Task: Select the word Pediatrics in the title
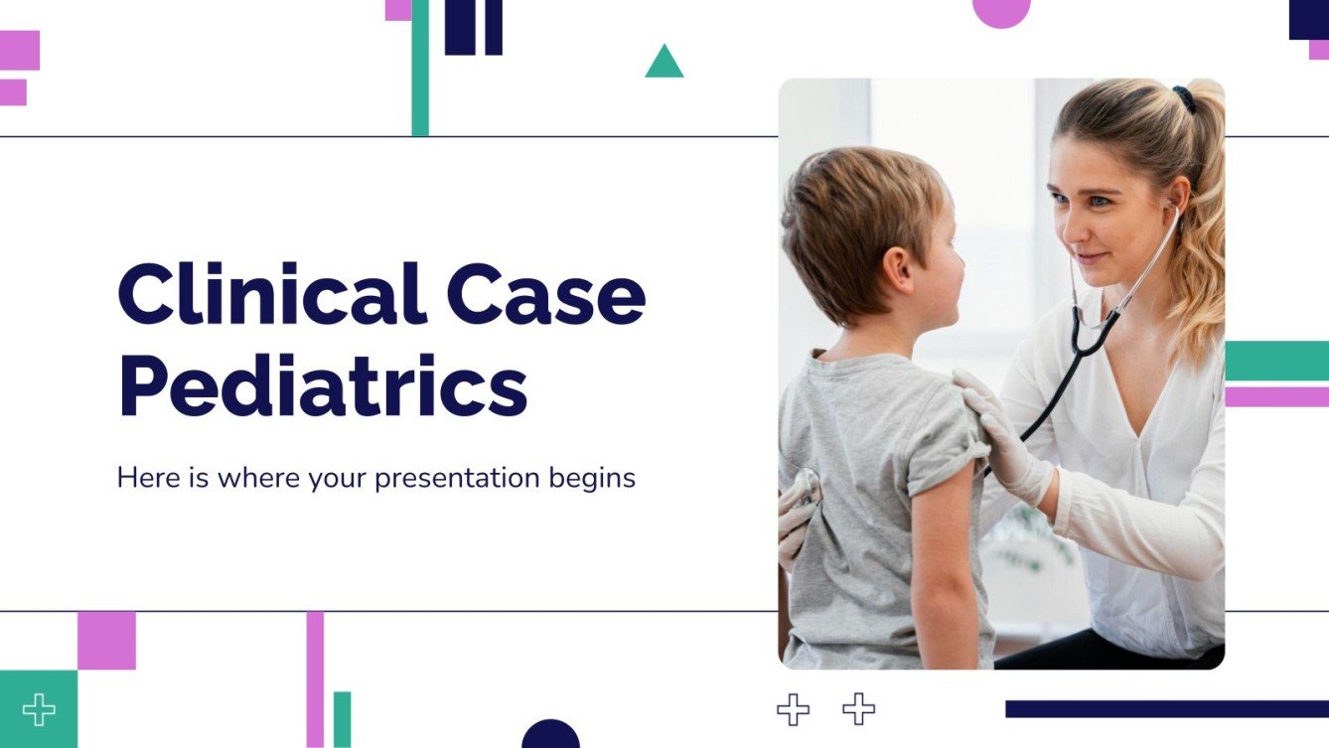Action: pyautogui.click(x=323, y=388)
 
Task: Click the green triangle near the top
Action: pyautogui.click(x=664, y=64)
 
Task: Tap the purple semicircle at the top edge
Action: pyautogui.click(x=1000, y=12)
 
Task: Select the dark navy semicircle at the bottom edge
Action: pyautogui.click(x=550, y=735)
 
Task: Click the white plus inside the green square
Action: pyautogui.click(x=39, y=709)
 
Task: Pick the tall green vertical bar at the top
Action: pyautogui.click(x=420, y=68)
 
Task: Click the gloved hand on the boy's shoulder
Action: pyautogui.click(x=997, y=427)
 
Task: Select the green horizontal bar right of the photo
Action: pyautogui.click(x=1276, y=361)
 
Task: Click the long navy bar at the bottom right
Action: pyautogui.click(x=1166, y=708)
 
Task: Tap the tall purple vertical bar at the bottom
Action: pyautogui.click(x=315, y=678)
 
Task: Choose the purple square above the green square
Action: pyautogui.click(x=106, y=641)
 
